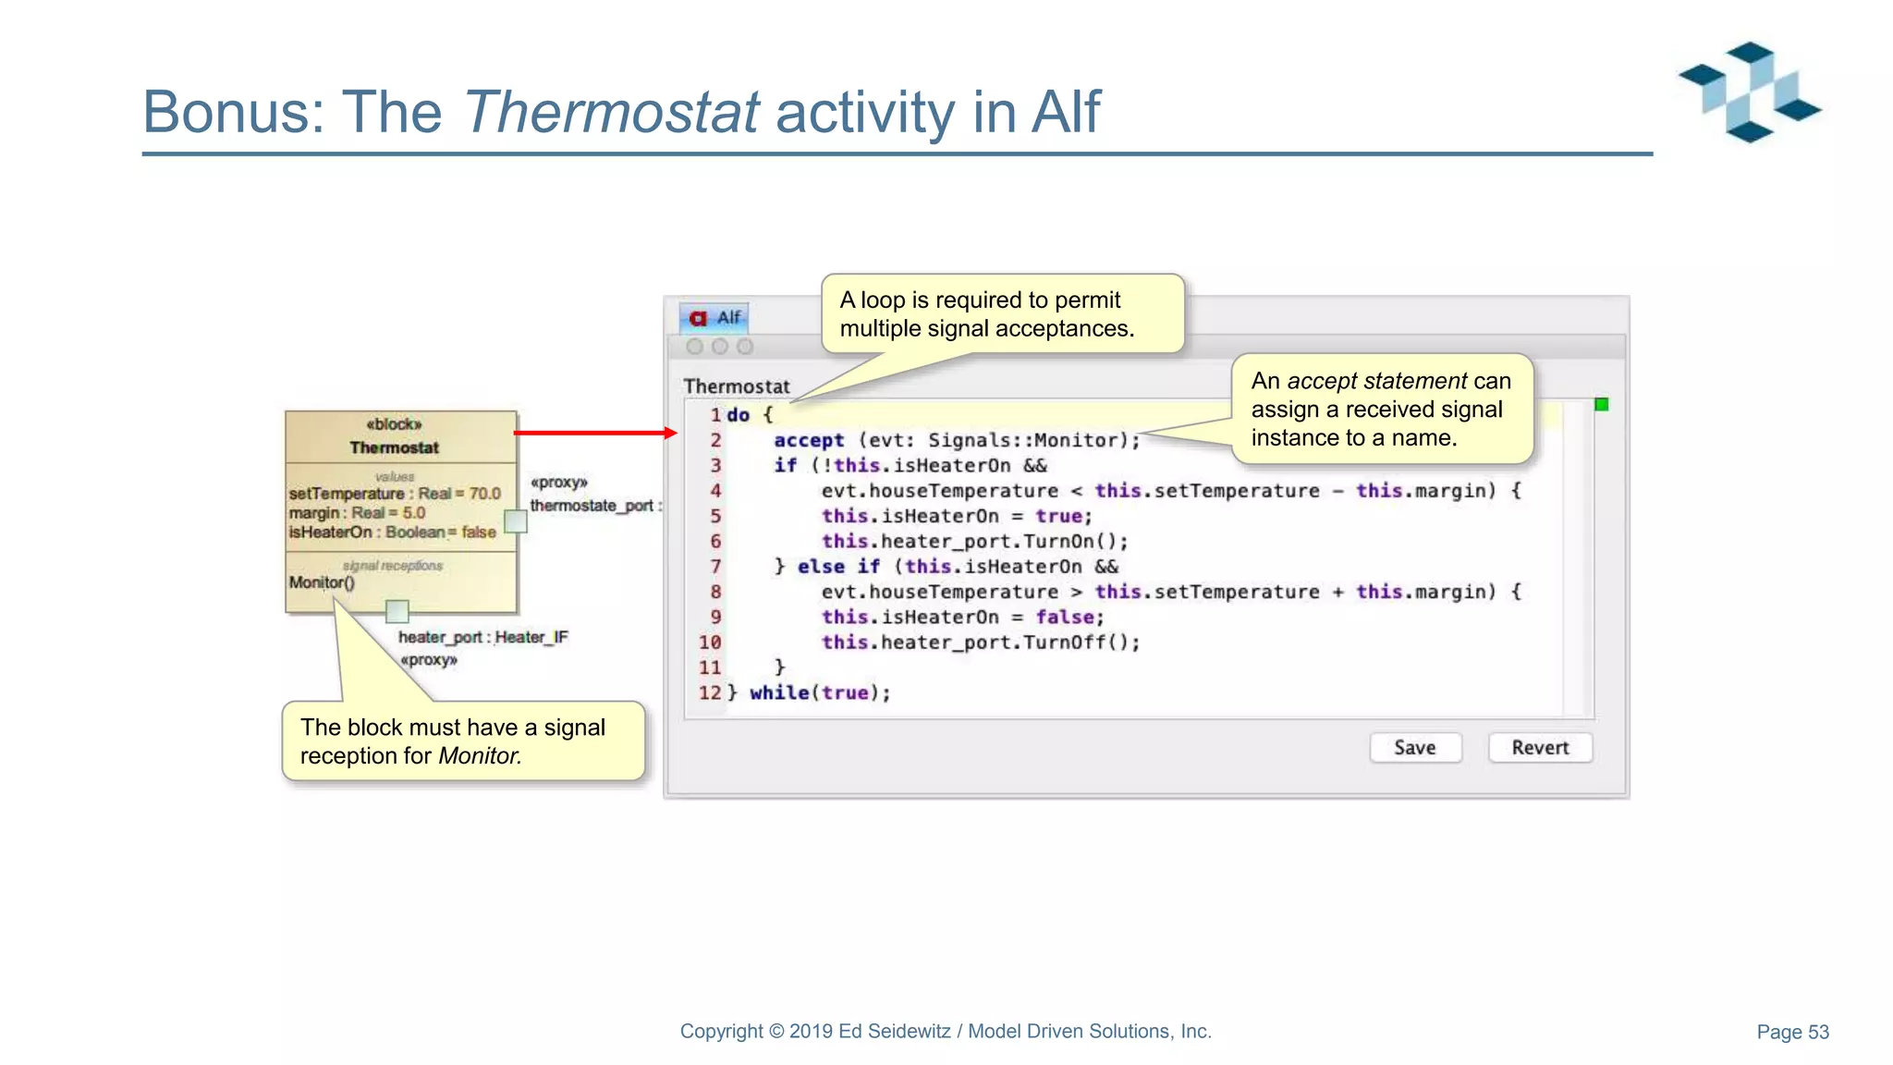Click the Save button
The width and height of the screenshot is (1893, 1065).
point(1415,747)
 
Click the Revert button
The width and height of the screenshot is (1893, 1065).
point(1540,747)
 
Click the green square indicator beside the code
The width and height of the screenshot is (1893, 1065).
point(1602,404)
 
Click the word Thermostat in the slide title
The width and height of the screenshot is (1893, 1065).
point(611,112)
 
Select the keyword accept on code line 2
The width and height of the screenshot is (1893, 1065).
point(809,440)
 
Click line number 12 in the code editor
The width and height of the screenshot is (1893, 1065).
point(709,692)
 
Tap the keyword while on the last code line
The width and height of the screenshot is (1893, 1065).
point(779,692)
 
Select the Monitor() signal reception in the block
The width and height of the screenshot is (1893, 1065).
point(321,582)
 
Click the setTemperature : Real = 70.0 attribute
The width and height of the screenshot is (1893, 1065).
point(395,494)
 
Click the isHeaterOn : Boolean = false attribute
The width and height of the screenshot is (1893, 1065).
point(392,532)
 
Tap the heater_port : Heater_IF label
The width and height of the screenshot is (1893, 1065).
point(482,637)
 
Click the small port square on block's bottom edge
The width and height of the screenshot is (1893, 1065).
point(397,610)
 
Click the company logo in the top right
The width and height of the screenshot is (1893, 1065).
point(1749,92)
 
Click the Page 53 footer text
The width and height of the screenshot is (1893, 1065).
point(1792,1032)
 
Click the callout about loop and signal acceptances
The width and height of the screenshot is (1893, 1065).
point(1002,313)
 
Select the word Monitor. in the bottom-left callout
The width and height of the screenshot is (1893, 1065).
point(480,755)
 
